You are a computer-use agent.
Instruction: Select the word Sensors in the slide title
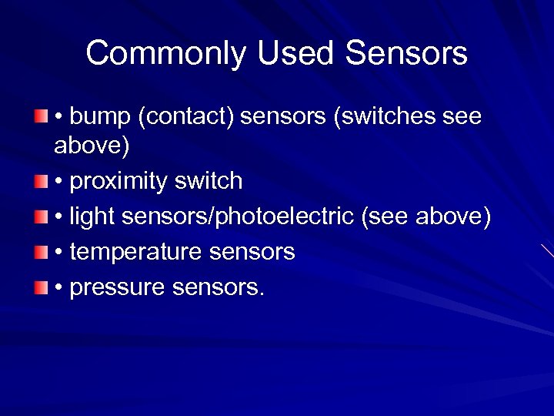(407, 54)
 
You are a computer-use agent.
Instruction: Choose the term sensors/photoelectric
(237, 218)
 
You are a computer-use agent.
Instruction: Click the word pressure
(115, 288)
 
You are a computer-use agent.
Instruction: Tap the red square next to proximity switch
(40, 181)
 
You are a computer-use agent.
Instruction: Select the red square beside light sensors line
(40, 216)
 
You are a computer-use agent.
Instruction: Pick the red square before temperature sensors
(40, 252)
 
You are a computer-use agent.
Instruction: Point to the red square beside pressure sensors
(40, 287)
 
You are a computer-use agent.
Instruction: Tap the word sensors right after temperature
(252, 253)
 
